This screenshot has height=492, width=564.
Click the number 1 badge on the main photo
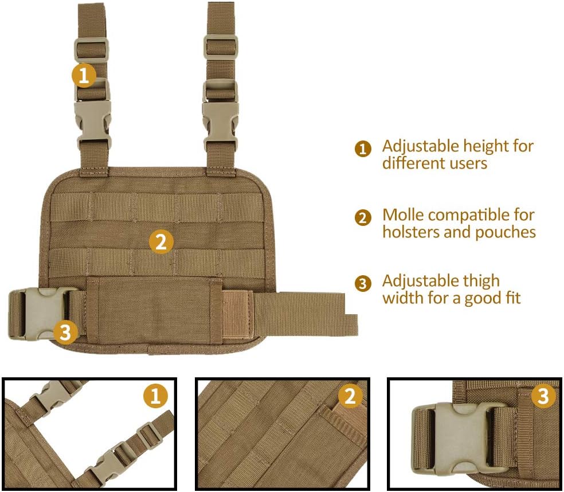coord(84,76)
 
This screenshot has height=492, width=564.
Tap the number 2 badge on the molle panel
coord(161,241)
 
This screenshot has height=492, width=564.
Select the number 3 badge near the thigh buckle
coord(66,331)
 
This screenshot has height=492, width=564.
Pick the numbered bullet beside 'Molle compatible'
coord(363,218)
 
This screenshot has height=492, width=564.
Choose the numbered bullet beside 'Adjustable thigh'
coord(363,284)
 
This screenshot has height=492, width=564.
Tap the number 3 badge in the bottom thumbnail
coord(543,396)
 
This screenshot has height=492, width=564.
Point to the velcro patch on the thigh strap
coord(236,315)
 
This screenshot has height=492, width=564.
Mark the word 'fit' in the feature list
coord(511,299)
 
